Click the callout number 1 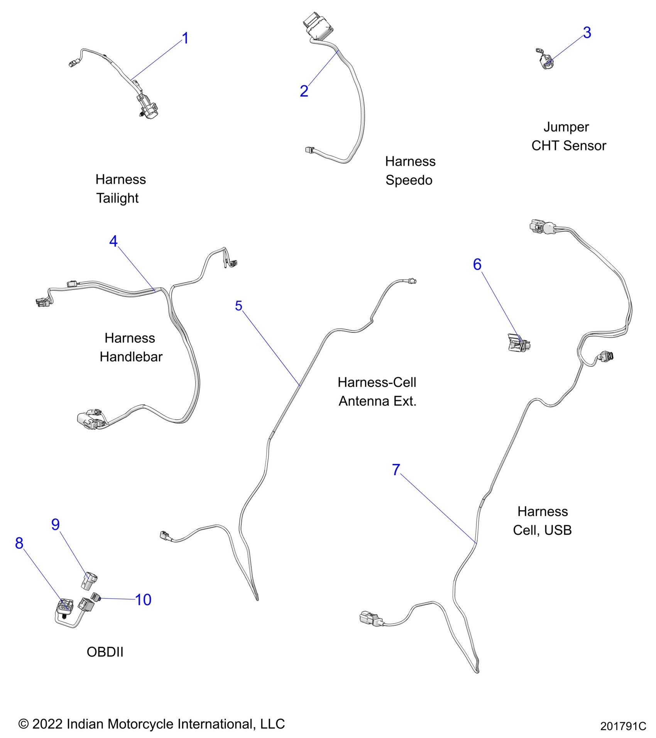[185, 38]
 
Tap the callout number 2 [304, 91]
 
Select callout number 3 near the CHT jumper [587, 33]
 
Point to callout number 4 [113, 241]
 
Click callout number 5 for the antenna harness [238, 306]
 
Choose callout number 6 [477, 264]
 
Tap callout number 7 [396, 470]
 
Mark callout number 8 [19, 543]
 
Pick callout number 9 [56, 524]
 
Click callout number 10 [143, 600]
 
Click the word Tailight [117, 198]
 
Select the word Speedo [409, 180]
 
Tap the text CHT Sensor [568, 146]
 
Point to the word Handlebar [131, 357]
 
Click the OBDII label [105, 652]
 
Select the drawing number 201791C [623, 726]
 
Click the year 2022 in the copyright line [47, 724]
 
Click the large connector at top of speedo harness [317, 26]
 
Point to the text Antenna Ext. [377, 401]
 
